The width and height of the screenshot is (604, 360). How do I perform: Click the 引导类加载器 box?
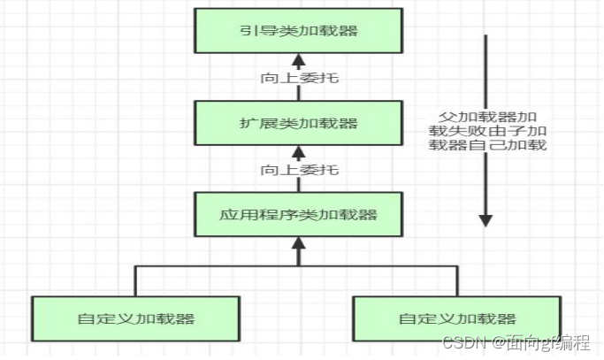298,31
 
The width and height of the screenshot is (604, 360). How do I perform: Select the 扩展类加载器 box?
298,123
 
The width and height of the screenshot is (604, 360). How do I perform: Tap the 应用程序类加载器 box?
298,214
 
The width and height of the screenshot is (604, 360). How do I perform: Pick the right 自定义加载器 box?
456,318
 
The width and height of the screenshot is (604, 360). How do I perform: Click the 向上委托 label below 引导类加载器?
299,78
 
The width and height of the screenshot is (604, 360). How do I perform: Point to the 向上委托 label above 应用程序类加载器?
299,169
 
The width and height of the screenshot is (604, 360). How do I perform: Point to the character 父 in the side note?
447,117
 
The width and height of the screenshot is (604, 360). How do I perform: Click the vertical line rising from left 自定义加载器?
135,280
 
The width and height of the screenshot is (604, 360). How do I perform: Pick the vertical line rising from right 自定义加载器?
456,280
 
